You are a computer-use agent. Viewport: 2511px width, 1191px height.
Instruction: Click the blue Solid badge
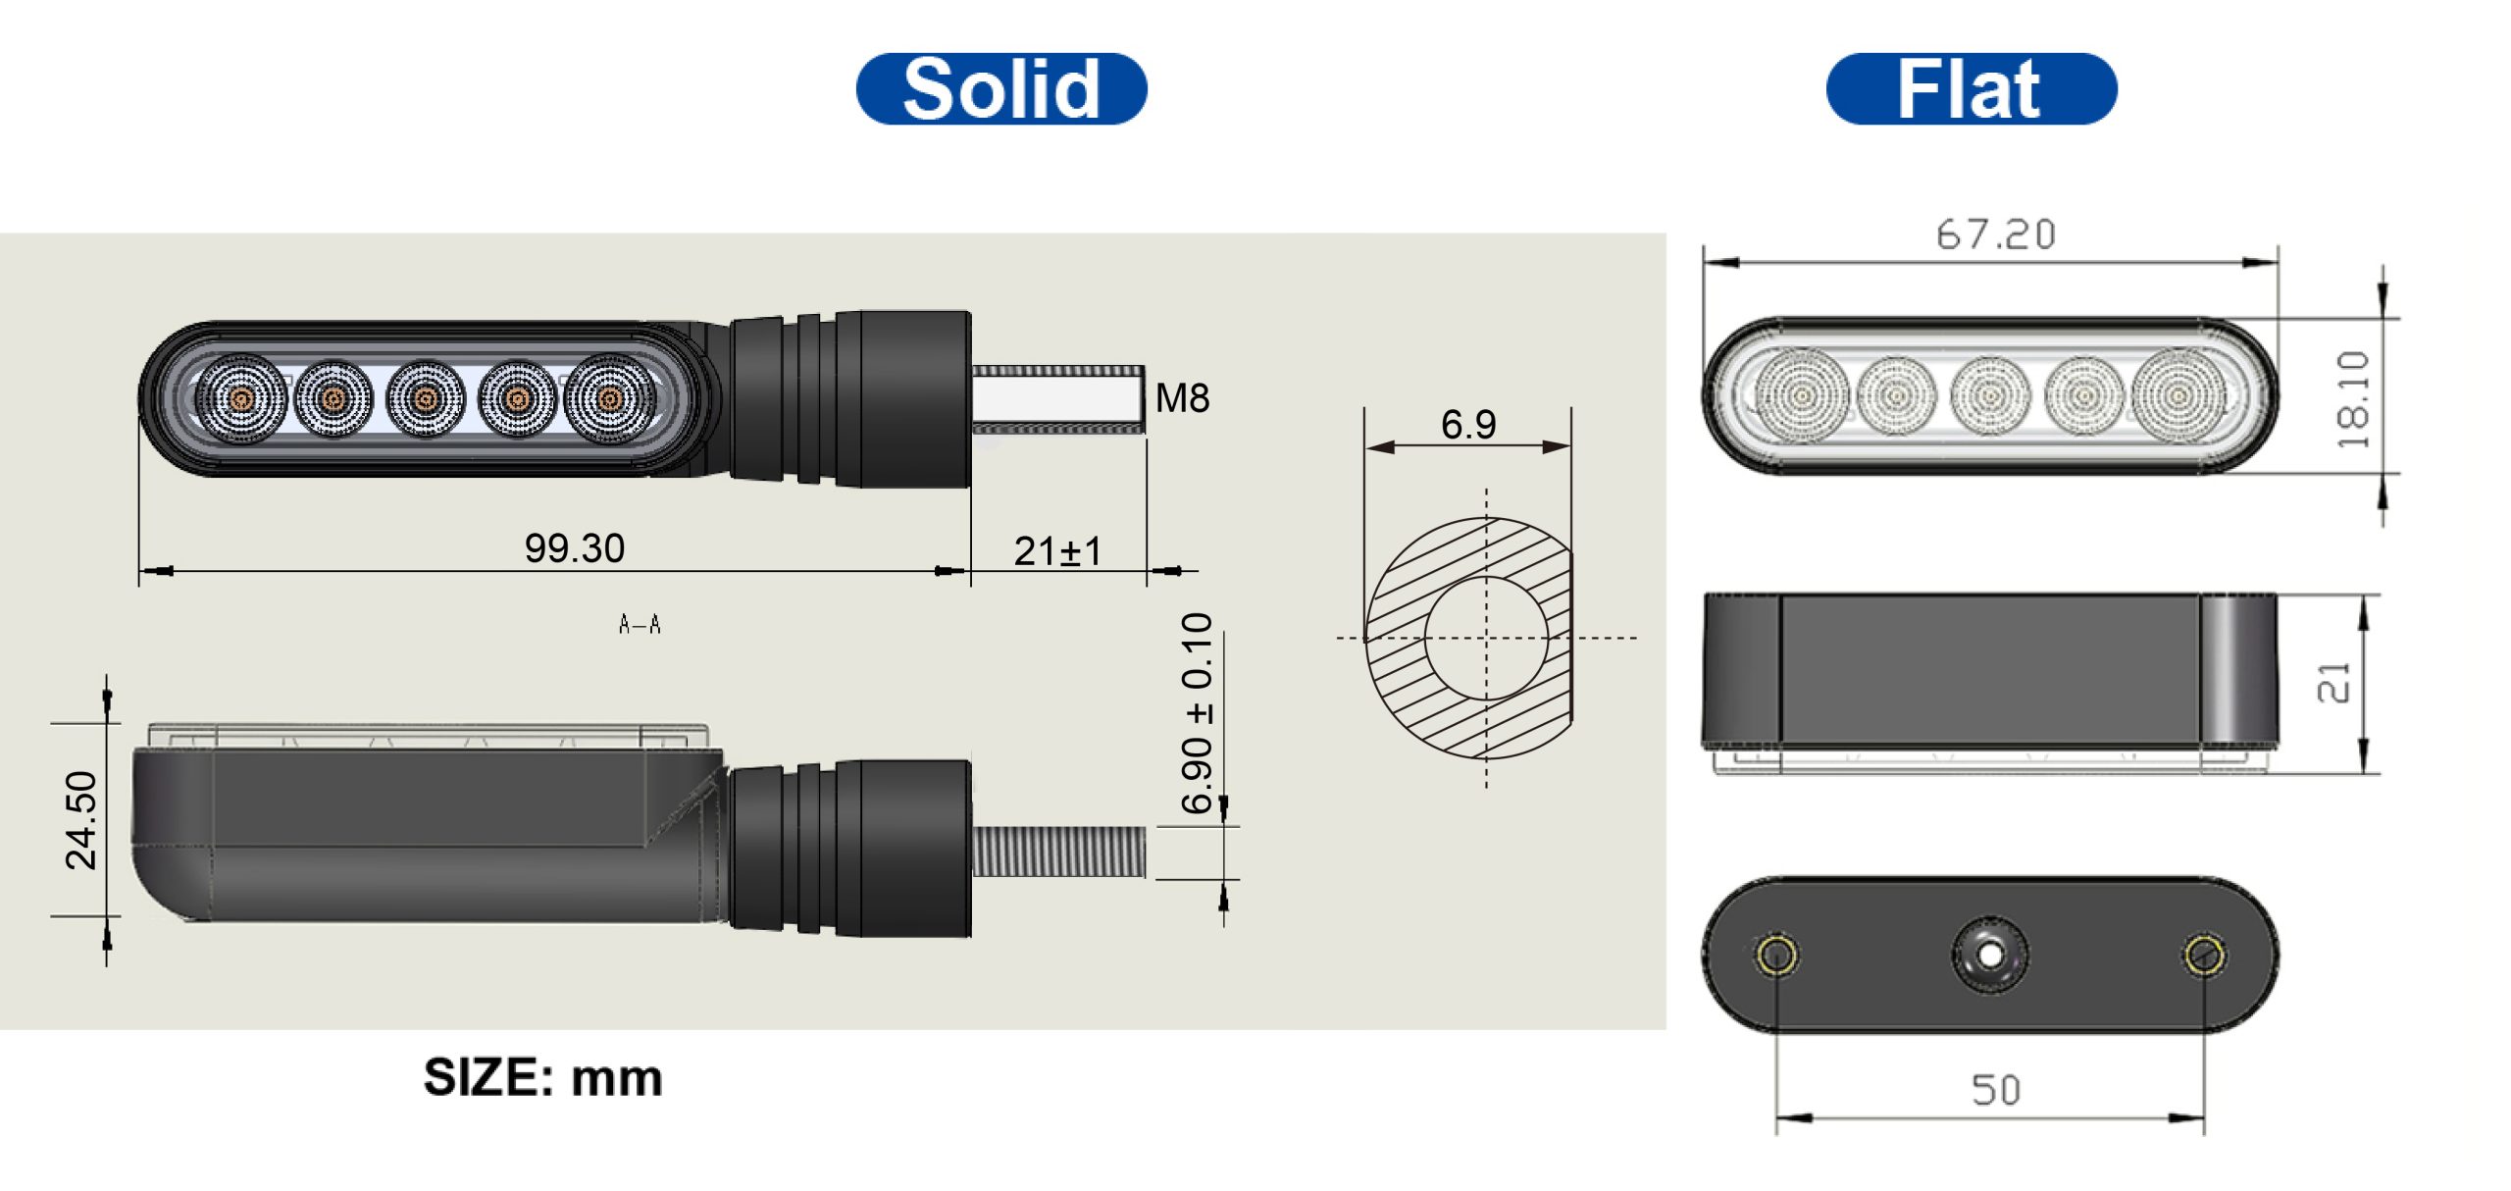tap(1001, 89)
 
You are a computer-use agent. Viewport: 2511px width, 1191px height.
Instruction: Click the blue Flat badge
tap(1972, 89)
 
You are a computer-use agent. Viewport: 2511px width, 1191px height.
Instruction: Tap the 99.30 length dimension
tap(575, 548)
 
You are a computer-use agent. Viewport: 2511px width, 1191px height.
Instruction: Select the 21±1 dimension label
tap(1057, 551)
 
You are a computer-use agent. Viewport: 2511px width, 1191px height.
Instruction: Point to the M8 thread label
tap(1182, 398)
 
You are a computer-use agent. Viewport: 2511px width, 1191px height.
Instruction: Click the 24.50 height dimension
tap(81, 820)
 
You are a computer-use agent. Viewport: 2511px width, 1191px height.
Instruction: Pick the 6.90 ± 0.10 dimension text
tap(1198, 713)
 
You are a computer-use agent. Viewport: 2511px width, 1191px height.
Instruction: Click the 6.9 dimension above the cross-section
tap(1468, 424)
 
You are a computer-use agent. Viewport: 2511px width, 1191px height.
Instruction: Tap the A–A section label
tap(640, 624)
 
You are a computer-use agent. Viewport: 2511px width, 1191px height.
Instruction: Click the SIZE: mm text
tap(543, 1077)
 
